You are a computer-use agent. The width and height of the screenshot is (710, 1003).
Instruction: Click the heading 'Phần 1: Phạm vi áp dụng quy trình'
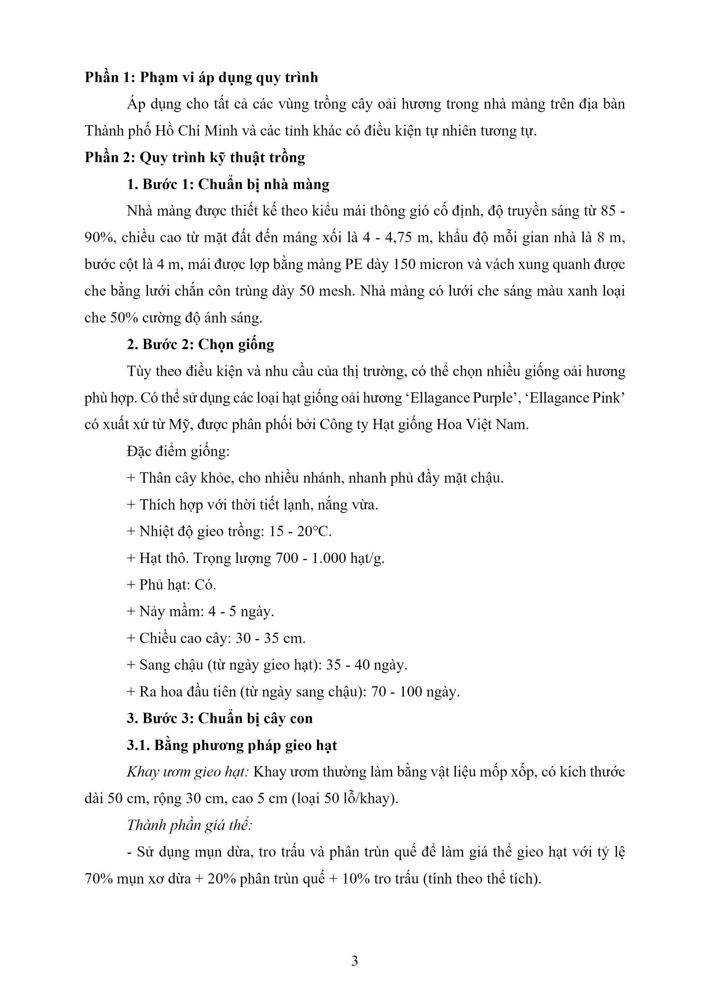coord(201,77)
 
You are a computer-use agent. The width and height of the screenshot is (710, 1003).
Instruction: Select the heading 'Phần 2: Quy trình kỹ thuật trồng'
coord(194,157)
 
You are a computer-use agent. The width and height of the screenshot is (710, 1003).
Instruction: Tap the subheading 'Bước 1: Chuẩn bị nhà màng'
coord(228,185)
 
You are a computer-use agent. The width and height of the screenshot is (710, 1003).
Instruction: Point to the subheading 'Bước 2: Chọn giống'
coord(201,344)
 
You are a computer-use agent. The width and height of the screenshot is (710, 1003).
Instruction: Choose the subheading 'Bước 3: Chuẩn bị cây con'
coord(220,718)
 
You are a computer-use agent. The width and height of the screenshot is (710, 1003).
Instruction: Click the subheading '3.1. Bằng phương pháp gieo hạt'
coord(232,745)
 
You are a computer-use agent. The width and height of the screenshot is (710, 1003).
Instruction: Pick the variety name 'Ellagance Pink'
coord(575,398)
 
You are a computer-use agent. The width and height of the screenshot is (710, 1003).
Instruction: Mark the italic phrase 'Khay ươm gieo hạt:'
coord(187,772)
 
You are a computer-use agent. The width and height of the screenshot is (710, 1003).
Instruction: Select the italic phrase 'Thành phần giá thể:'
coord(190,825)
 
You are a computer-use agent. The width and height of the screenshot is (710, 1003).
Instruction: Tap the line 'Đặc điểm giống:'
coord(178,451)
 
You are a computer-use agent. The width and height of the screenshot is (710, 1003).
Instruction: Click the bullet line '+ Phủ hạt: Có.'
coord(171,585)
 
